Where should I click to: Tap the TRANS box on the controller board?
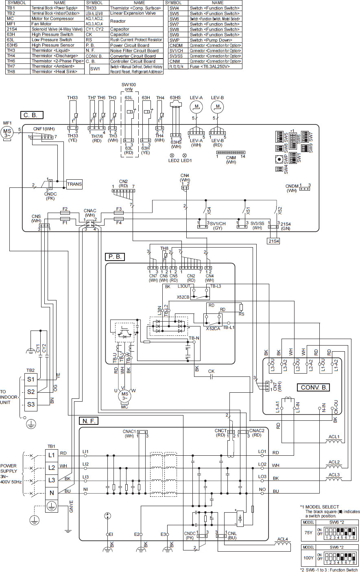click(74, 184)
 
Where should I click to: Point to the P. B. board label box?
click(114, 257)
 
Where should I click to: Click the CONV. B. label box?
click(315, 387)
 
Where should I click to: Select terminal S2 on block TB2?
click(31, 391)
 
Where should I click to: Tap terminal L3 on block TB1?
click(51, 480)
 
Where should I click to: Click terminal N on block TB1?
click(51, 493)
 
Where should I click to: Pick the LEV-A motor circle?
click(196, 107)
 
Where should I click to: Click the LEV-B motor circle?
click(218, 107)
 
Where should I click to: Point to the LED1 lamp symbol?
click(184, 155)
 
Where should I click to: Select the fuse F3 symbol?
click(119, 212)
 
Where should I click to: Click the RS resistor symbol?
click(241, 307)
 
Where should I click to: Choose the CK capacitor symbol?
click(211, 376)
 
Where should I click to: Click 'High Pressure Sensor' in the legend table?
click(52, 45)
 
